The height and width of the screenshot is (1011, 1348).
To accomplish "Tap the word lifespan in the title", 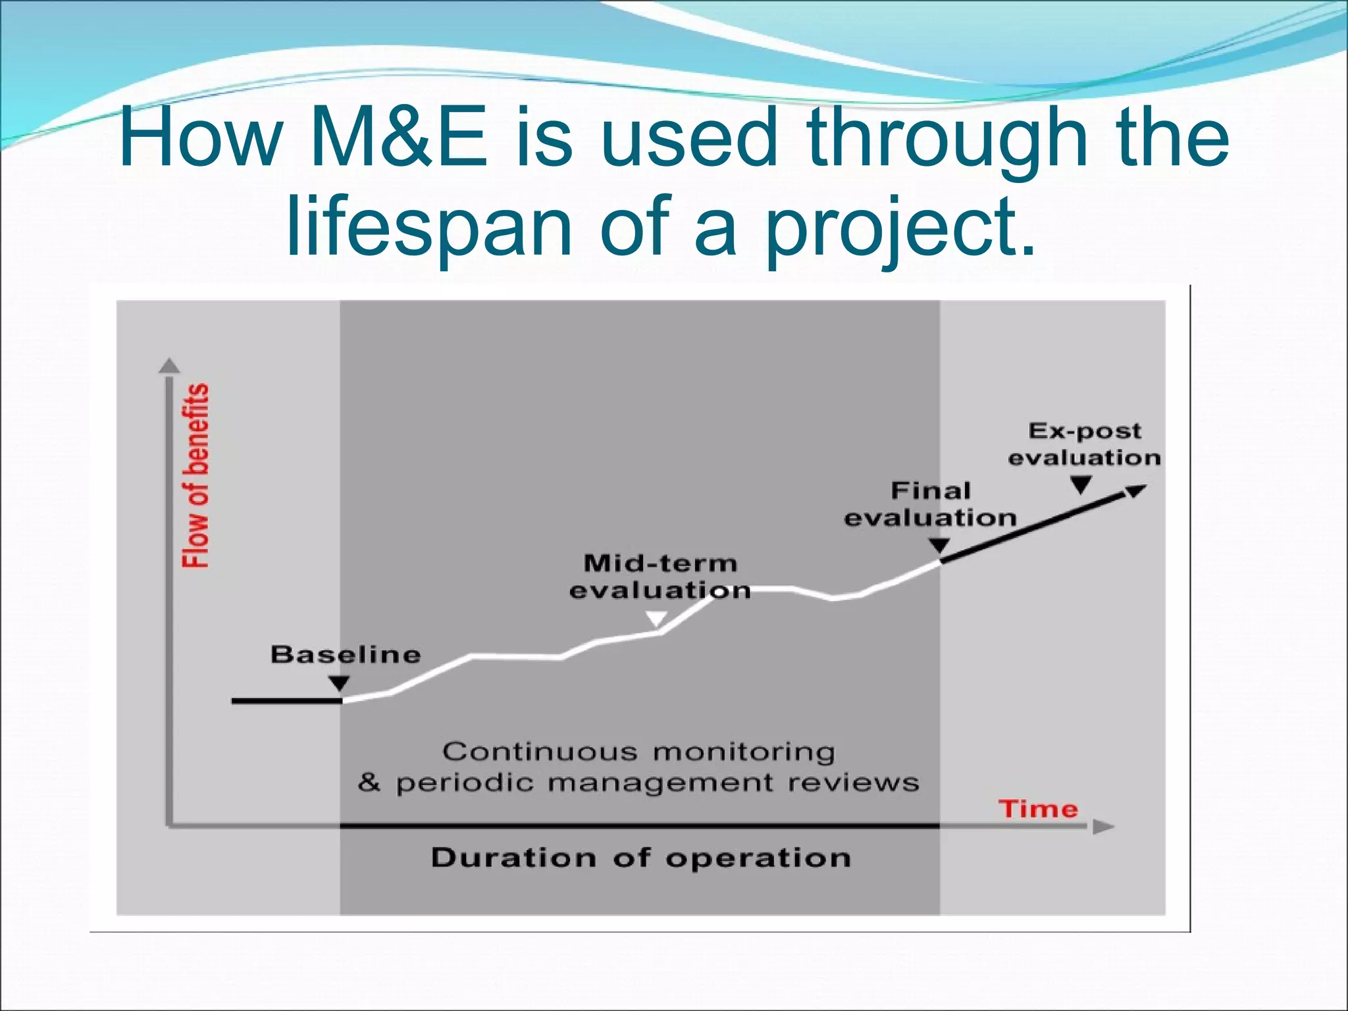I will coord(429,226).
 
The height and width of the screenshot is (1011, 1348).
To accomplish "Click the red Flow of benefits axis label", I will coord(195,475).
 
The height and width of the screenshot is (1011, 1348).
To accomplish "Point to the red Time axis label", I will coord(1038,809).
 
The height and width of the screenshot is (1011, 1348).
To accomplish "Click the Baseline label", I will coord(346,655).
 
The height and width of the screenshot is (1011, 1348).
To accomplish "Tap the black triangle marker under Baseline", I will coord(339,683).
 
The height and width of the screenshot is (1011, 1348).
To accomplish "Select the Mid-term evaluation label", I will coord(660,577).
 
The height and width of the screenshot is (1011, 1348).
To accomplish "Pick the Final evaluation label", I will coord(930,504).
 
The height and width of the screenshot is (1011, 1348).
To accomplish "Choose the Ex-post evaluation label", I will coord(1084,444).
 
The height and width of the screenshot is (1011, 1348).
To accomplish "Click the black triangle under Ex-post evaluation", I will coord(1081,486).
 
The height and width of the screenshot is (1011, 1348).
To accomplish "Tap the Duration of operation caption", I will coord(641,858).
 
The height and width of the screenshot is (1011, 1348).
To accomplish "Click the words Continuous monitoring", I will coord(638,752).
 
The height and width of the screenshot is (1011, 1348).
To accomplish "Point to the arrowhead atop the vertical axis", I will coord(170,365).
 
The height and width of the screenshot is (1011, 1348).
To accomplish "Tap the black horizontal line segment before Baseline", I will coord(286,701).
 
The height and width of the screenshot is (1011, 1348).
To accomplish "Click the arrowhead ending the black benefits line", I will coord(1135,491).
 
